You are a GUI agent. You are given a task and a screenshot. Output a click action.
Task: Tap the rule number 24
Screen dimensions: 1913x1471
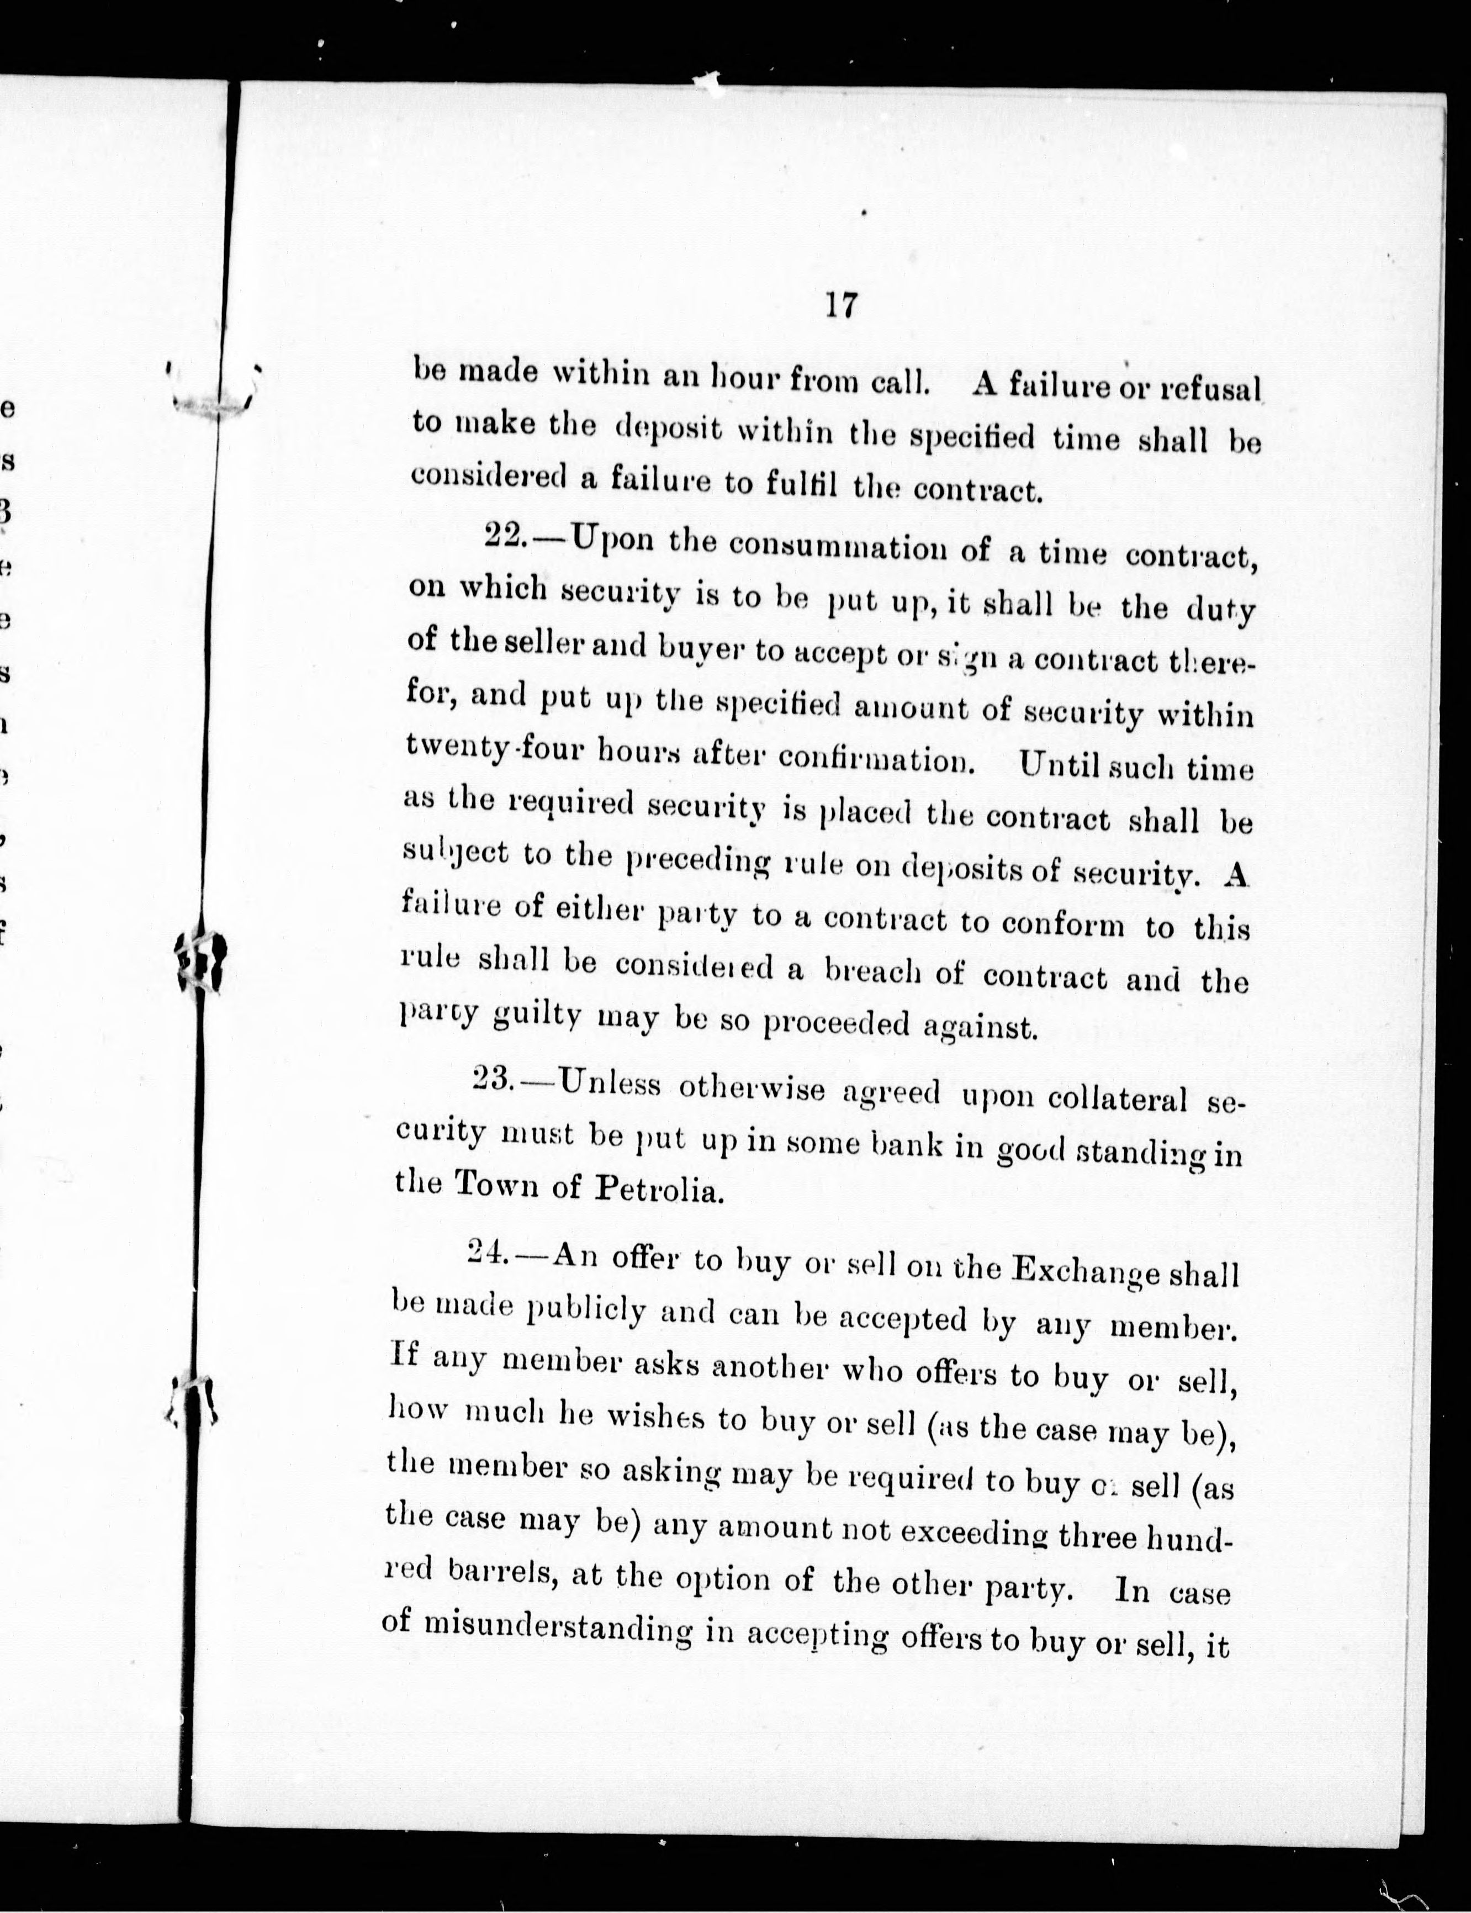coord(484,1253)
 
